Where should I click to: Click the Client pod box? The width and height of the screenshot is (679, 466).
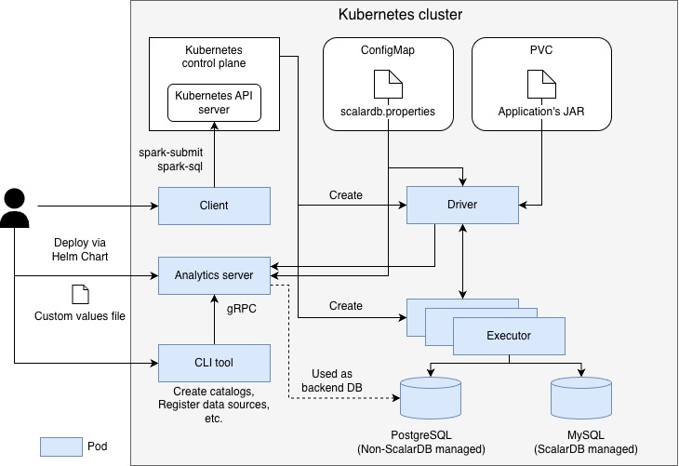tap(214, 206)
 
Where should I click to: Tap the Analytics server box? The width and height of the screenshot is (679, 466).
tap(214, 275)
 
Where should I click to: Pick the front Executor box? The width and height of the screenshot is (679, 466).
tap(509, 336)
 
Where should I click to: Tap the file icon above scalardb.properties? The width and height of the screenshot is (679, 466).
tap(387, 87)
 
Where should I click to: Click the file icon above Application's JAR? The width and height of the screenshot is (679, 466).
tap(539, 87)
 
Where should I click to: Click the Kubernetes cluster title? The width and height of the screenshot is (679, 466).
tap(401, 15)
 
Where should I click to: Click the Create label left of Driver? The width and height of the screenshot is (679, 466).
tap(345, 195)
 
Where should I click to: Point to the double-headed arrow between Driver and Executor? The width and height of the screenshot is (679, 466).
tap(462, 262)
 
